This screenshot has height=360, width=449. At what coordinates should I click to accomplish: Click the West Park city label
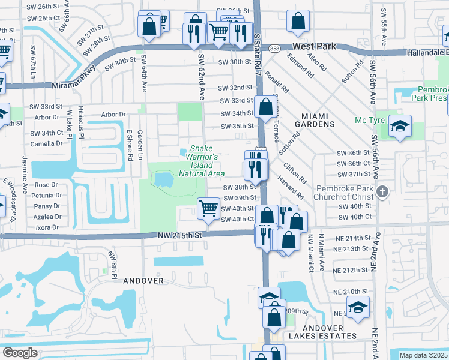pyautogui.click(x=314, y=46)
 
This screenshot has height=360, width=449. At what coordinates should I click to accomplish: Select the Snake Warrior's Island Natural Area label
pyautogui.click(x=202, y=161)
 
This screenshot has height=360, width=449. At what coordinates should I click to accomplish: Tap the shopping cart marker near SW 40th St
pyautogui.click(x=208, y=209)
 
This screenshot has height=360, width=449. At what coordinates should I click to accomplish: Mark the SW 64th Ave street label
pyautogui.click(x=144, y=74)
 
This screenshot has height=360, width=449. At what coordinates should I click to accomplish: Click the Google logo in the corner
pyautogui.click(x=20, y=352)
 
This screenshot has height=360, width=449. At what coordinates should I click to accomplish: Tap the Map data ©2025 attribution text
pyautogui.click(x=423, y=355)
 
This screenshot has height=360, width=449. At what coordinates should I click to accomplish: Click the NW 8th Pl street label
pyautogui.click(x=112, y=265)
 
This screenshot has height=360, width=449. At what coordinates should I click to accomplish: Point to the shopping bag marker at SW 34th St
pyautogui.click(x=265, y=108)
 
